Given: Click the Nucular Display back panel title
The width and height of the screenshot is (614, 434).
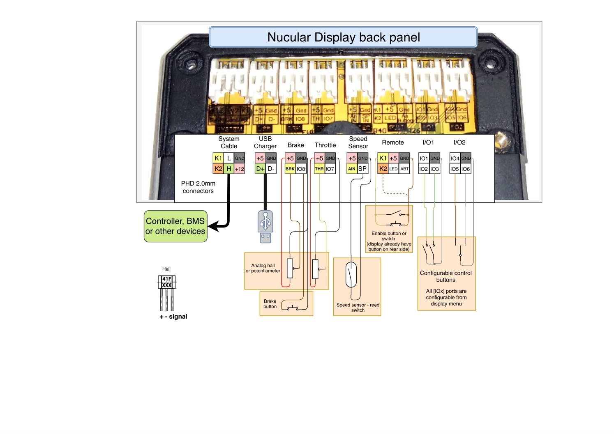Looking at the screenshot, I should point(343,37).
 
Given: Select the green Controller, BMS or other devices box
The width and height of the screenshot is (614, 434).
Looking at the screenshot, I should point(175,226).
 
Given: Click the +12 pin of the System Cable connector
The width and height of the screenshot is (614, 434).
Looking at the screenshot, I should point(240,169).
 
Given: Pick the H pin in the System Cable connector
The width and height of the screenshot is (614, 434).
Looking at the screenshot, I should point(229,169).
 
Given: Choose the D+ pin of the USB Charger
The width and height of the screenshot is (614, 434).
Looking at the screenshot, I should point(260,169).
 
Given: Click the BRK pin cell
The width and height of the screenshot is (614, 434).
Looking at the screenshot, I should point(290,169).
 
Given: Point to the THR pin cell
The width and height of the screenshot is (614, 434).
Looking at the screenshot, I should point(319,169).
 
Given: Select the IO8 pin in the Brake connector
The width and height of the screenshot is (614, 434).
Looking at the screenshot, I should point(301,169).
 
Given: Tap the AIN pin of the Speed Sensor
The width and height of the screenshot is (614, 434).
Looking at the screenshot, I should point(352,169).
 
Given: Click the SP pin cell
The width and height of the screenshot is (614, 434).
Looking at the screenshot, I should point(362,169).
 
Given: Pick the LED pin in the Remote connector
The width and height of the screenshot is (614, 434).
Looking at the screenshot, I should point(393,169).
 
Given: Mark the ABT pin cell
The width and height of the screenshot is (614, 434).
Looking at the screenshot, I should point(404,169).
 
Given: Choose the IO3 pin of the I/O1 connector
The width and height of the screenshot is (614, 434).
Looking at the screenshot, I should point(434,169).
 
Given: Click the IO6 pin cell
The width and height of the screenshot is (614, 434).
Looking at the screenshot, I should point(466,169).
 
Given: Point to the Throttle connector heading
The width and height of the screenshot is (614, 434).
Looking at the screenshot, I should point(325,145).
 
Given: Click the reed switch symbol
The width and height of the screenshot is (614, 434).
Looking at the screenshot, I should point(351,275).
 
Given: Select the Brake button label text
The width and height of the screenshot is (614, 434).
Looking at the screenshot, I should point(270,304).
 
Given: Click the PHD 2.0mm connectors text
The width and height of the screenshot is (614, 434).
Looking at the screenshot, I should point(198,187).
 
